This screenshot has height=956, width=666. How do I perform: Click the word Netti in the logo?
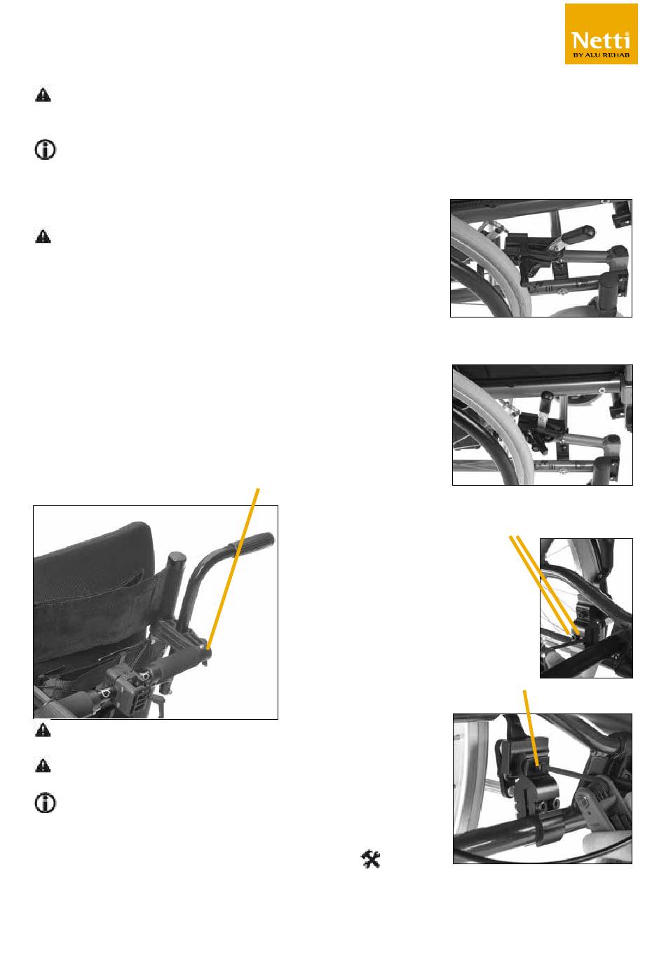601,41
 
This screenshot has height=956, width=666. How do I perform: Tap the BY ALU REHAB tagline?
601,55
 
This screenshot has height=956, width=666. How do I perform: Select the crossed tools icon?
371,859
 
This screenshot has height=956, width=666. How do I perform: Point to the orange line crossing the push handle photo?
233,570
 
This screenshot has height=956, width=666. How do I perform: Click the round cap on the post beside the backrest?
176,558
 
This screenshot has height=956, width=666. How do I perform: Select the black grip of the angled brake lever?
578,234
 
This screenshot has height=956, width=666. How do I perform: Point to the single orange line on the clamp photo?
531,728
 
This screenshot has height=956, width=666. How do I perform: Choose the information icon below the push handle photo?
45,803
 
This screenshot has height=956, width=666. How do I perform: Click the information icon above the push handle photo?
45,150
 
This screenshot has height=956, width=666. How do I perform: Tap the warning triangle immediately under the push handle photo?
43,730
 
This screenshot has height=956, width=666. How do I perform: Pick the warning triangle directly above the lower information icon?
43,765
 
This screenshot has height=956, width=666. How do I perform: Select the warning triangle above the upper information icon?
43,95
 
